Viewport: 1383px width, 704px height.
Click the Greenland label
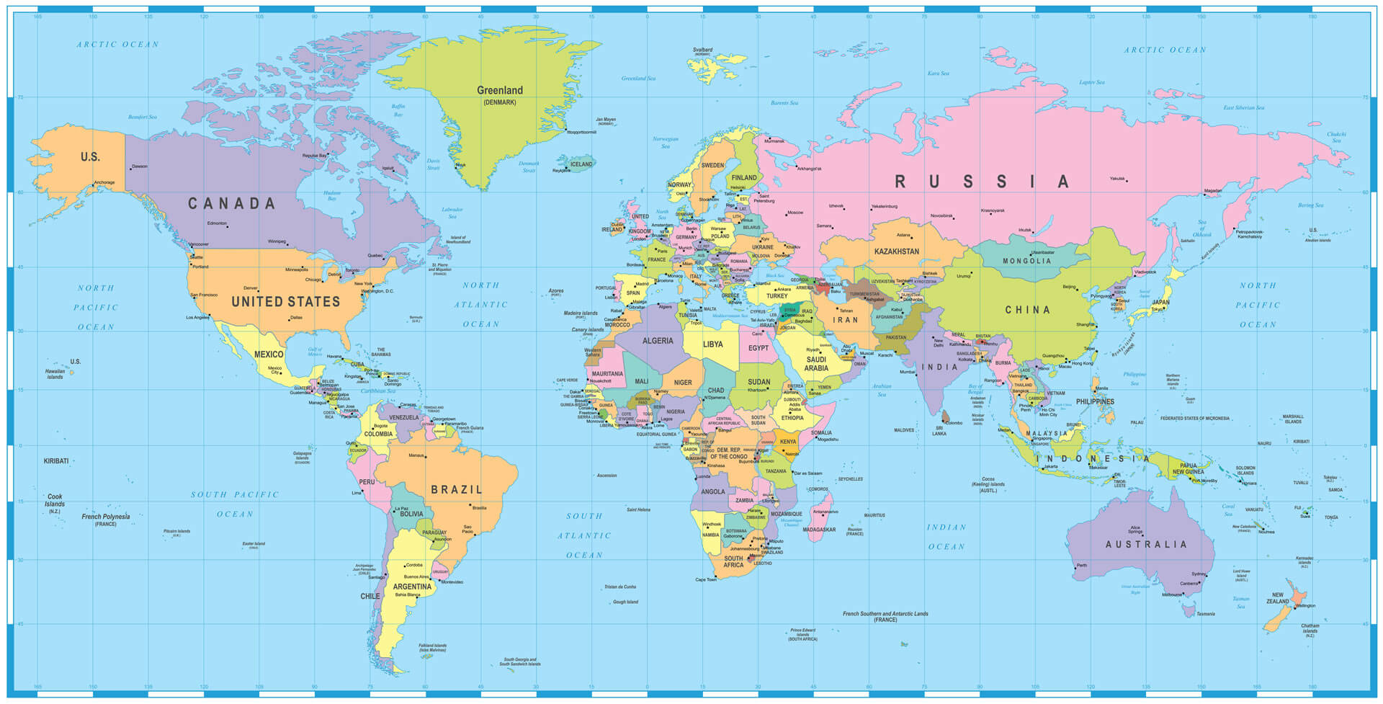click(500, 91)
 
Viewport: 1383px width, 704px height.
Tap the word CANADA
click(232, 204)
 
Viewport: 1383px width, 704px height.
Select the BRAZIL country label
click(457, 490)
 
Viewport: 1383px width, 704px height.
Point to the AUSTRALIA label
click(1146, 545)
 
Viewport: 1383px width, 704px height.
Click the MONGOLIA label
click(1027, 261)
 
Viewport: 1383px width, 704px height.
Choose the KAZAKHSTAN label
click(897, 251)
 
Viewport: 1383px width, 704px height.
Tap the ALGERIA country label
click(658, 341)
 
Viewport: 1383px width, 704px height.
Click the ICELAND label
click(581, 164)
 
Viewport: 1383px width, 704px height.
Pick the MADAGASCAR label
click(819, 530)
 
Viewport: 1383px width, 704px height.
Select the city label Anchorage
click(104, 182)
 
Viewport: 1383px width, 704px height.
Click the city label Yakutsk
click(1117, 178)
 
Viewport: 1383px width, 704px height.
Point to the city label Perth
click(1082, 566)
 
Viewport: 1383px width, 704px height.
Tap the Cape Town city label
click(706, 579)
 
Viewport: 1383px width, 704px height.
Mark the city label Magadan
click(1213, 191)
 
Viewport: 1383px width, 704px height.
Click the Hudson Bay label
click(331, 195)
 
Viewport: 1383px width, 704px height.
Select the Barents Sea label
click(784, 103)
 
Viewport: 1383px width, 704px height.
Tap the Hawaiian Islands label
click(55, 375)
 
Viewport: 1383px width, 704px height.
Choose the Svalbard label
click(702, 50)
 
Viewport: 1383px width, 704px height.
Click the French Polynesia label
click(106, 517)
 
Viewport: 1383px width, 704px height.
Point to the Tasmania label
click(1206, 614)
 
